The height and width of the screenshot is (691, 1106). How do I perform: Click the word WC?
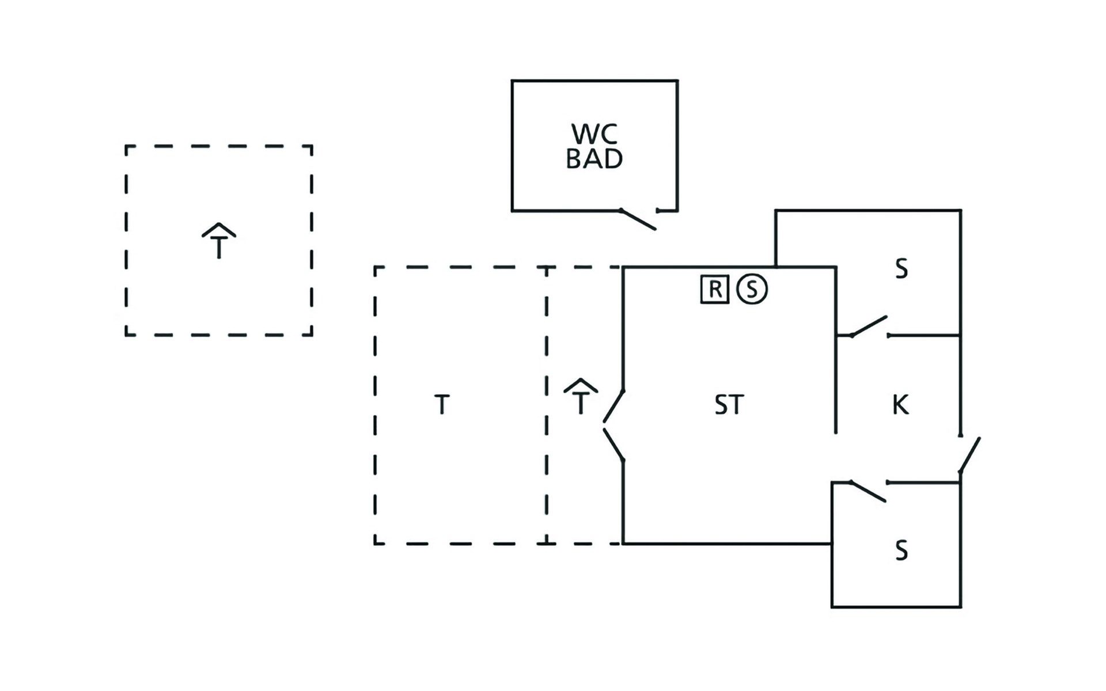pos(594,134)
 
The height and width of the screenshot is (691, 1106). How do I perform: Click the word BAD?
pos(594,159)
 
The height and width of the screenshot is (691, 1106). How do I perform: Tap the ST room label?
pos(729,405)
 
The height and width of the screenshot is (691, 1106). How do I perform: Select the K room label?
pos(900,405)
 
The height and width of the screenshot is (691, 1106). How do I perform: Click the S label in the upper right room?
pos(902,269)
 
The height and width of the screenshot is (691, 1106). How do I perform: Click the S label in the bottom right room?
pos(902,550)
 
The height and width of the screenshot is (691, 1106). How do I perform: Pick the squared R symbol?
pos(715,289)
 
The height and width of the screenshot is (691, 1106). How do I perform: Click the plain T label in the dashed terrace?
pos(442,405)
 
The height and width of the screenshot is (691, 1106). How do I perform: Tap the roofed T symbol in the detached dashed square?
pos(219,241)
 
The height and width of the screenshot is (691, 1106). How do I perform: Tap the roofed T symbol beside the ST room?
pos(581,397)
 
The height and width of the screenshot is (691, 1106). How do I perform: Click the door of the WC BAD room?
pos(638,220)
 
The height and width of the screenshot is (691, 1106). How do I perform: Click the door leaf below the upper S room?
pos(869,326)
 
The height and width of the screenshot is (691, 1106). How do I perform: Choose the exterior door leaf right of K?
pos(970,455)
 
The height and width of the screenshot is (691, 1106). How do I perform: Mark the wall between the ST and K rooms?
pos(836,350)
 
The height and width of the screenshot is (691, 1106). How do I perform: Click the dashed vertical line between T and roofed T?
pos(547,405)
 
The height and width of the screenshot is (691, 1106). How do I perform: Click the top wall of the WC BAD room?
pos(594,81)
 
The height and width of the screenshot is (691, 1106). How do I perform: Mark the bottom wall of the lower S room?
pos(896,607)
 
